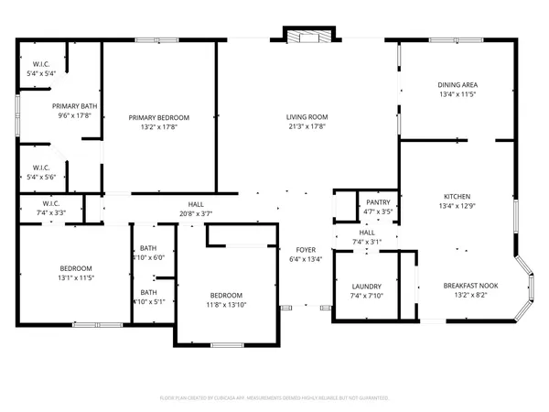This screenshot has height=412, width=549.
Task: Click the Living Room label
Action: pos(306,117)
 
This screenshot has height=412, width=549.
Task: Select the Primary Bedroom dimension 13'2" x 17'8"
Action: pos(158,127)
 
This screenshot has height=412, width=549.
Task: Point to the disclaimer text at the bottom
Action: pos(274,398)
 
